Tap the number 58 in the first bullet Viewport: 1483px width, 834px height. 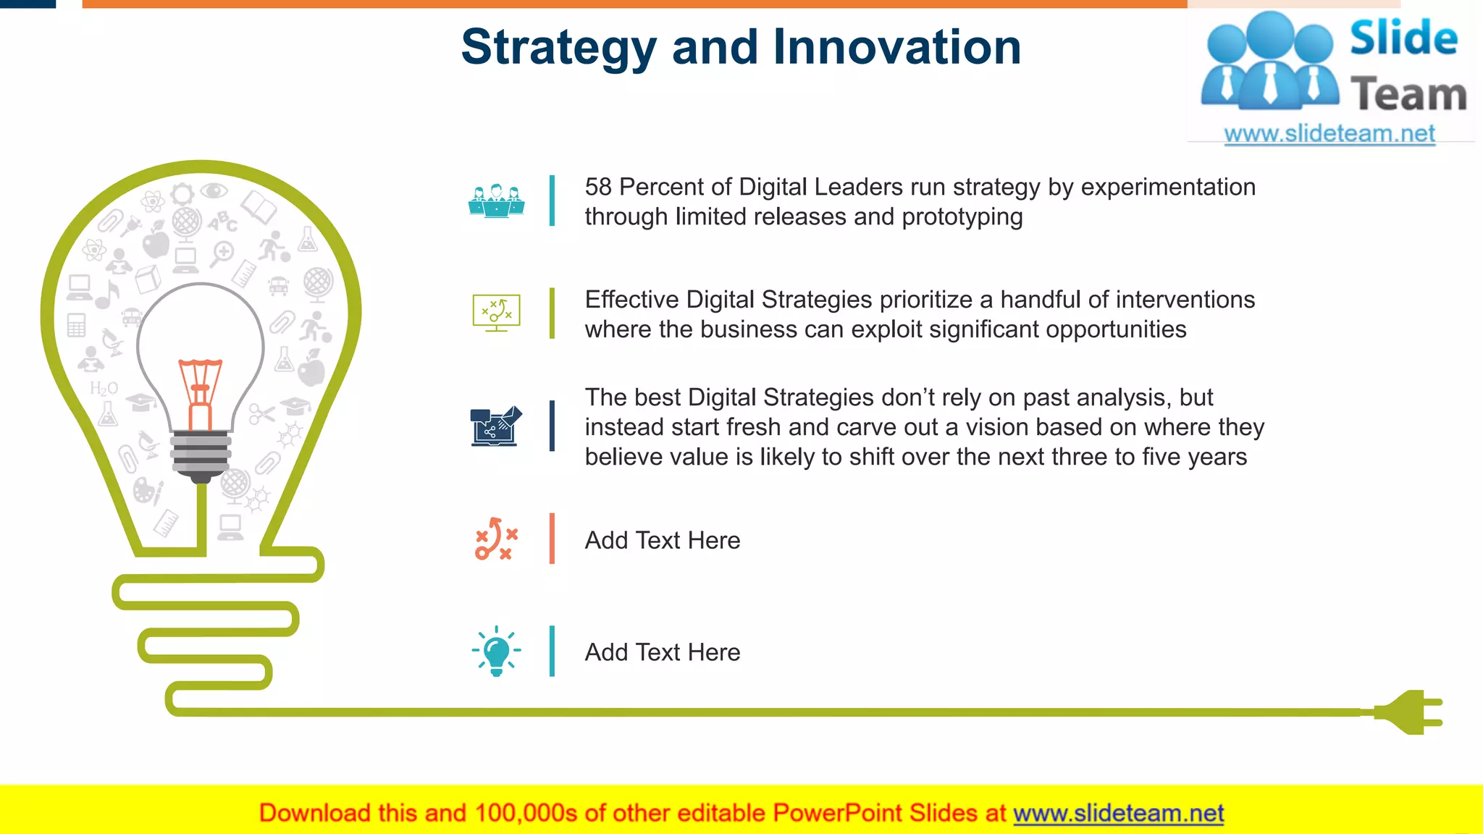click(598, 187)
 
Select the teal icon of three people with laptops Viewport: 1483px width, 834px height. click(496, 201)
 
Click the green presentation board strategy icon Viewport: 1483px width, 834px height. click(496, 313)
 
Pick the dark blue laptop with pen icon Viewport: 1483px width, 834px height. click(496, 426)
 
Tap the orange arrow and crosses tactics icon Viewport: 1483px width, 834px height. click(496, 539)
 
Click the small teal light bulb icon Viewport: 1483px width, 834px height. click(497, 651)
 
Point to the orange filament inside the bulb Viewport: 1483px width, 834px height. click(201, 391)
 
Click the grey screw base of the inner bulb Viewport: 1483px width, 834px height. click(201, 453)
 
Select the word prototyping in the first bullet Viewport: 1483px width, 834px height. click(962, 217)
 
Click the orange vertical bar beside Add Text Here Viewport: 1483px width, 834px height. click(552, 539)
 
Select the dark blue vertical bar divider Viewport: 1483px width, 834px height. click(552, 426)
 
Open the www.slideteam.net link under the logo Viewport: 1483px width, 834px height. click(1329, 134)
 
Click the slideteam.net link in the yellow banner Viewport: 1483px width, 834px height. click(1118, 813)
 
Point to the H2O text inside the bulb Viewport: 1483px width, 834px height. click(104, 389)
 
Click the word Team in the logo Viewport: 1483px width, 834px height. click(1408, 95)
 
